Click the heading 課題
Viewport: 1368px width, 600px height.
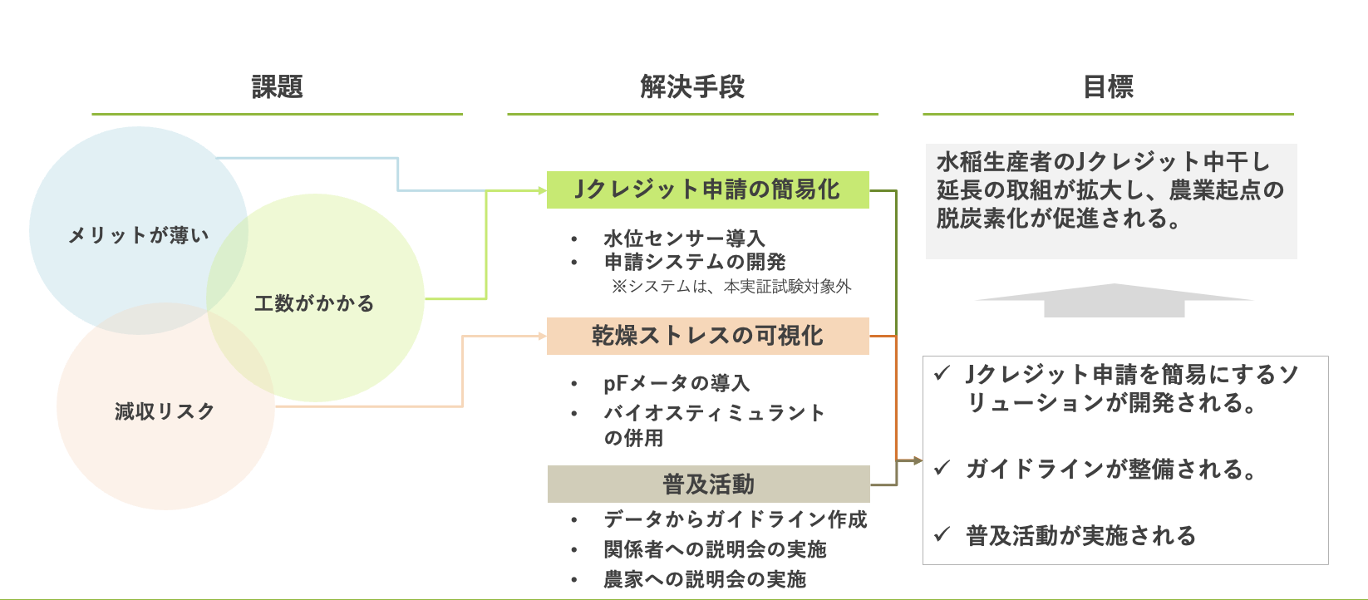277,87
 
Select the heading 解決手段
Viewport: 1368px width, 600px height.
692,87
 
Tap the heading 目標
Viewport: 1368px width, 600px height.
1108,87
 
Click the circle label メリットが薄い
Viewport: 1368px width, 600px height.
138,236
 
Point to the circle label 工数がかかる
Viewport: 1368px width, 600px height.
314,303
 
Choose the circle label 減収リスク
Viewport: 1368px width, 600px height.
165,411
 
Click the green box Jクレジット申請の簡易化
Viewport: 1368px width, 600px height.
707,189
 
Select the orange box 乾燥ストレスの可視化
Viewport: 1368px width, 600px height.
707,336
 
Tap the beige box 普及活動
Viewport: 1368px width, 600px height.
708,484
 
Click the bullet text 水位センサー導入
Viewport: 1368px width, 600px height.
683,239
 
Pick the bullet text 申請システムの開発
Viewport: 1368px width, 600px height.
695,263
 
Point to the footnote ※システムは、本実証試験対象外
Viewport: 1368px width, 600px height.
731,287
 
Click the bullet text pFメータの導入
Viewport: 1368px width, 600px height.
677,383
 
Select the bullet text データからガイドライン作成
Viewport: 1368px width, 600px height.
735,519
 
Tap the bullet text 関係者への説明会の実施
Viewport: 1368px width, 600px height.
715,549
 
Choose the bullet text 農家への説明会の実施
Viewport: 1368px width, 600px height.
705,579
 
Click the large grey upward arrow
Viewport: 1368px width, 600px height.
1114,300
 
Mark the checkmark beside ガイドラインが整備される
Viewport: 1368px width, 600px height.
942,469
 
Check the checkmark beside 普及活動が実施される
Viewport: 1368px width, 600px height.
942,534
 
